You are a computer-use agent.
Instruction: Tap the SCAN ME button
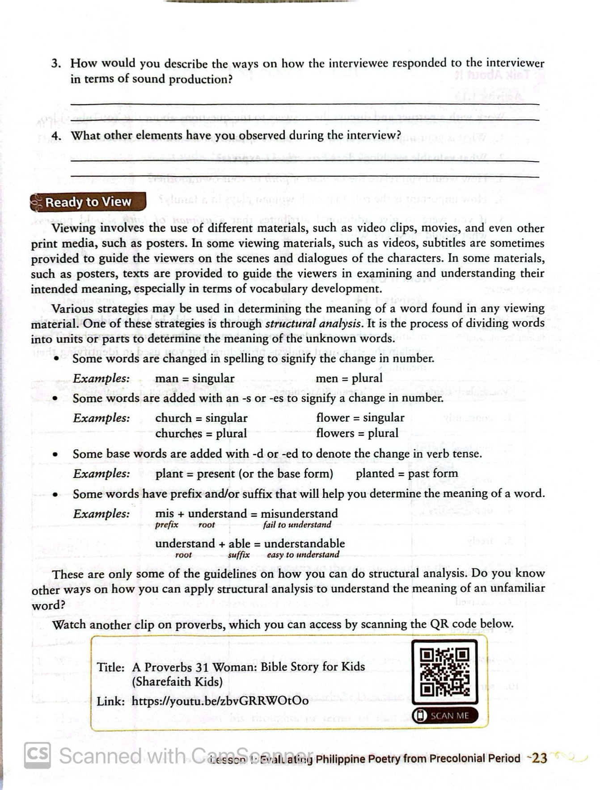click(445, 715)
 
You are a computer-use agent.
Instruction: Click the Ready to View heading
click(88, 202)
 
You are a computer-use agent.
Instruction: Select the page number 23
click(540, 758)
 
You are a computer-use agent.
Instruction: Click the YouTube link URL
click(220, 700)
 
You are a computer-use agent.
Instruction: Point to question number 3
click(56, 63)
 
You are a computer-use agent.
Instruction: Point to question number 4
click(56, 135)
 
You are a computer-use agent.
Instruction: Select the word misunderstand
click(299, 513)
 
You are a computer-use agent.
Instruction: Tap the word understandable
click(304, 543)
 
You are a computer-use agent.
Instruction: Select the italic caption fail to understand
click(297, 525)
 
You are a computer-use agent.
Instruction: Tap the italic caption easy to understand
click(303, 555)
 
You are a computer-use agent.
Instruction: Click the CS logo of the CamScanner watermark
click(37, 755)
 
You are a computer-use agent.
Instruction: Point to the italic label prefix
click(166, 525)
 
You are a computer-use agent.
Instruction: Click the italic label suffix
click(238, 555)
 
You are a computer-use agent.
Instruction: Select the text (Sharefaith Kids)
click(177, 682)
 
